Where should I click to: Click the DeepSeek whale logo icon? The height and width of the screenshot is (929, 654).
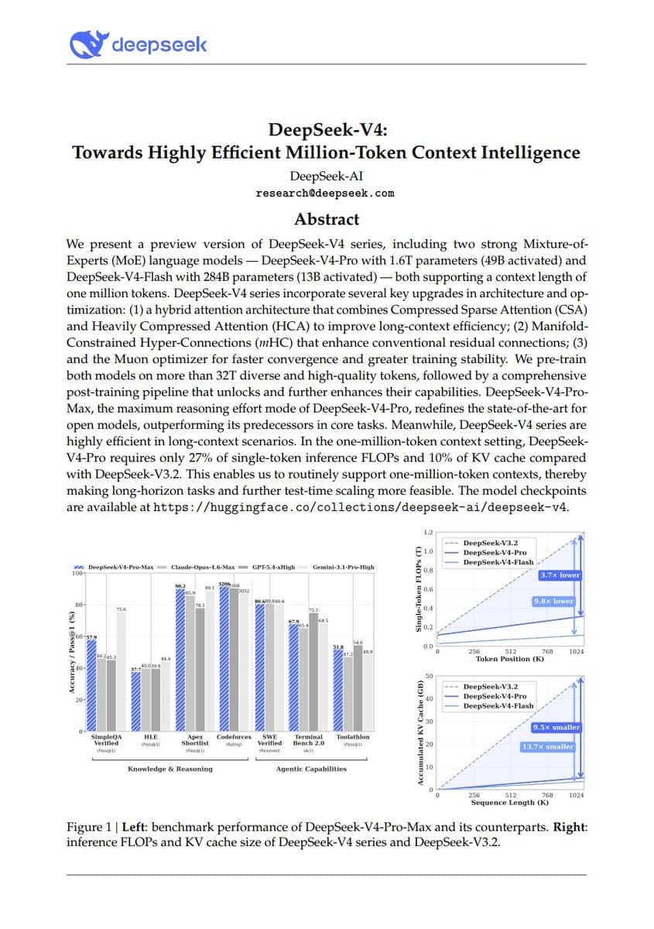click(x=87, y=44)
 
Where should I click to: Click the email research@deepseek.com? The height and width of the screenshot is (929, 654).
click(x=326, y=194)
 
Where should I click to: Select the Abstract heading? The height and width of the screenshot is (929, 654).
click(x=326, y=219)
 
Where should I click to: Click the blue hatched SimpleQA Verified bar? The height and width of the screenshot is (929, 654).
click(x=91, y=685)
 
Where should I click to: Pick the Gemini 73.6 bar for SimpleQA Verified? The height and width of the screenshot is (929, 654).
click(x=120, y=672)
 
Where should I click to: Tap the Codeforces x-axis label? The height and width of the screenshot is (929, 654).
click(x=234, y=737)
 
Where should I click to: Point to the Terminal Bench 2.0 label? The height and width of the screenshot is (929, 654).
click(x=308, y=740)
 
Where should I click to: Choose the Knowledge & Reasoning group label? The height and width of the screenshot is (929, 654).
click(x=169, y=769)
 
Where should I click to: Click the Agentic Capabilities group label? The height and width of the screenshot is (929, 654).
click(x=311, y=769)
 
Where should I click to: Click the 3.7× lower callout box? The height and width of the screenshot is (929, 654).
click(x=559, y=575)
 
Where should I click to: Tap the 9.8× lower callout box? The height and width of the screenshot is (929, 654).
click(x=553, y=602)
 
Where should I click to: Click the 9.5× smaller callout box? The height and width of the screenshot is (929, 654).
click(x=556, y=728)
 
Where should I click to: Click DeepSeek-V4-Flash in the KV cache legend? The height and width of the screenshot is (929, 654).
click(x=498, y=706)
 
